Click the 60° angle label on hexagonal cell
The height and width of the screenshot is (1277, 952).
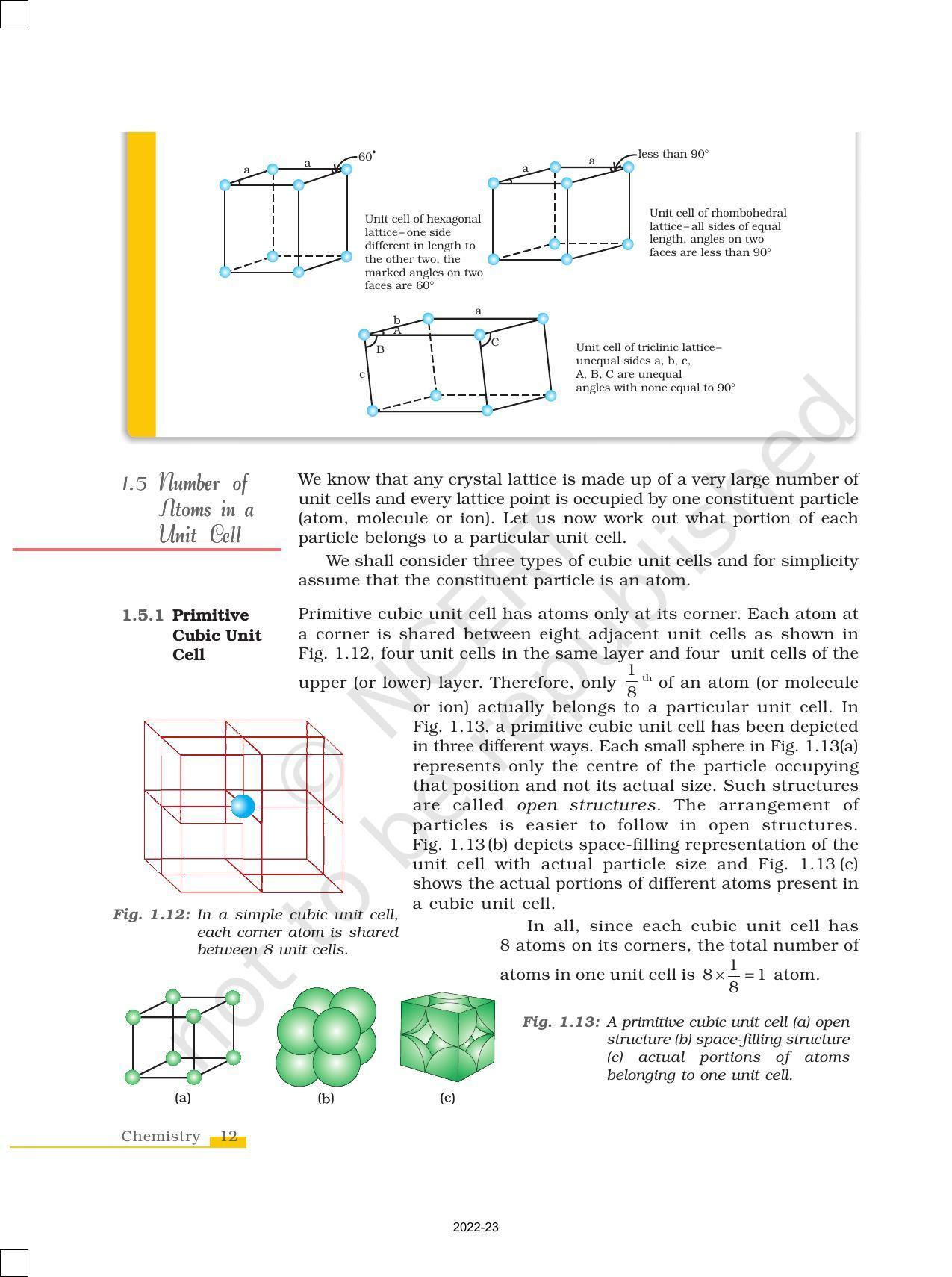pyautogui.click(x=366, y=157)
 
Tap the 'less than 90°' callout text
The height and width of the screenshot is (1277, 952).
pyautogui.click(x=673, y=154)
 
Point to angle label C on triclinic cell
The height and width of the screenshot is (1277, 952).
pyautogui.click(x=495, y=342)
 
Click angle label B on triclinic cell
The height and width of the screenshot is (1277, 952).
pyautogui.click(x=380, y=349)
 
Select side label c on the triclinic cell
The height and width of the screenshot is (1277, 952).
pyautogui.click(x=362, y=374)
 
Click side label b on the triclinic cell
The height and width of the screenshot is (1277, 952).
pyautogui.click(x=396, y=320)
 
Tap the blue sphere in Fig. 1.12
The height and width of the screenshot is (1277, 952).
pyautogui.click(x=243, y=807)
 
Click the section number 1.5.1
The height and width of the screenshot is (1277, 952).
pyautogui.click(x=143, y=615)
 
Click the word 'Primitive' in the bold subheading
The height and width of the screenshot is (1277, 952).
pyautogui.click(x=211, y=615)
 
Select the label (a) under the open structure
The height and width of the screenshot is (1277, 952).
pyautogui.click(x=183, y=1098)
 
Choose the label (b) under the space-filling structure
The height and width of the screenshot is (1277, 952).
pyautogui.click(x=326, y=1098)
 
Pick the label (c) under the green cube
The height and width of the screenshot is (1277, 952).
pyautogui.click(x=447, y=1098)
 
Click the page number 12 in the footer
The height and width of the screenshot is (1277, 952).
pyautogui.click(x=228, y=1137)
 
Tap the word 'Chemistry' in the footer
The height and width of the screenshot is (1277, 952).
pyautogui.click(x=161, y=1137)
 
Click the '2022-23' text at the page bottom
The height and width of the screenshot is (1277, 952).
pyautogui.click(x=476, y=1228)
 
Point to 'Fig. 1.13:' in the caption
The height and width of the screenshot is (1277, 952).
pyautogui.click(x=561, y=1022)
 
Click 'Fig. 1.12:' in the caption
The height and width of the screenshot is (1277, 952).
pyautogui.click(x=152, y=915)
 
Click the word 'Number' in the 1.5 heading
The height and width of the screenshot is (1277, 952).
pyautogui.click(x=190, y=483)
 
